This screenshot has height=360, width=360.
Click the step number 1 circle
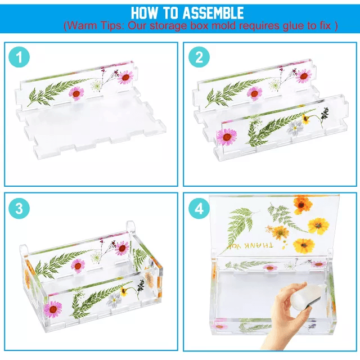point(19,57)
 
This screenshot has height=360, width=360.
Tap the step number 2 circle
point(199,57)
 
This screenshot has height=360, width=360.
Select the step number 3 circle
point(19,208)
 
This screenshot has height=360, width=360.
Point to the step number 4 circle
point(199,208)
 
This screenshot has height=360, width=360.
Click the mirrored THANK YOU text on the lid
point(250,246)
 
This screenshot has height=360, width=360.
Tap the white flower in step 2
point(295,128)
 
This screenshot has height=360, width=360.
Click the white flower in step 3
point(114,300)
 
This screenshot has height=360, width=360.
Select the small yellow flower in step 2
point(305,119)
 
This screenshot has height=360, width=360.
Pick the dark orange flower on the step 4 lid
point(303,204)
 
